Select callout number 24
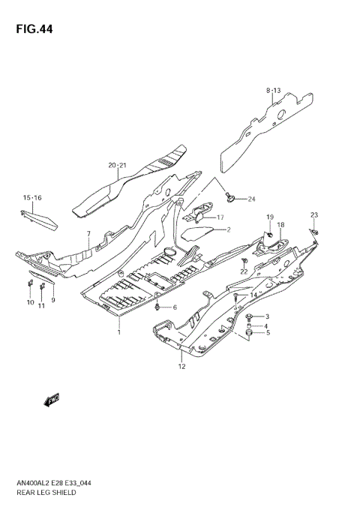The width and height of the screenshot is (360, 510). tap(251, 199)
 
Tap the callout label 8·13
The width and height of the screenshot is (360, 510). tap(272, 90)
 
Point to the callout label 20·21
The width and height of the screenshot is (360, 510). tap(118, 164)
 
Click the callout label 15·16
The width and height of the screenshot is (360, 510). tap(32, 197)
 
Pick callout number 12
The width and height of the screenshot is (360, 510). tap(181, 366)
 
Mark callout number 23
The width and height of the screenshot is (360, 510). tap(314, 215)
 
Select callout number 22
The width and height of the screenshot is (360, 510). tap(244, 271)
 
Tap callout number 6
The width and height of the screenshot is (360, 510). tap(175, 307)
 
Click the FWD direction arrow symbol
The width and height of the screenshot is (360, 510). tap(52, 401)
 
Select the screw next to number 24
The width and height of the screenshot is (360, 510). tap(231, 197)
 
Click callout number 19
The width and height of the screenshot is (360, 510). tap(268, 217)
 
